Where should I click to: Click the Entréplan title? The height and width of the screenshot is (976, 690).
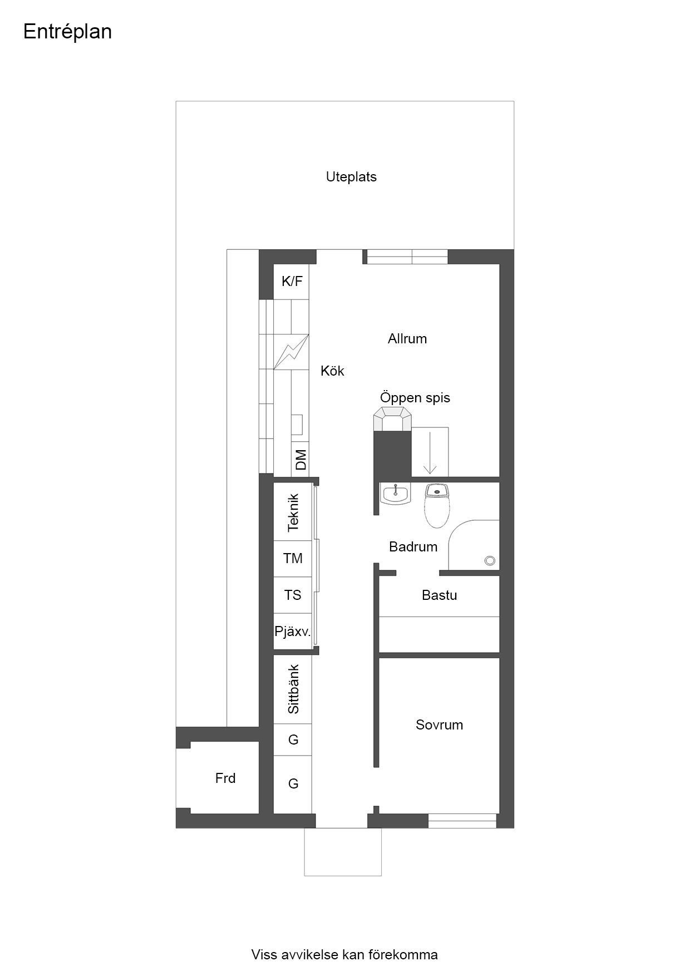click(x=67, y=32)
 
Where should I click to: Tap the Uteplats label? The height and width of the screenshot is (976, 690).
click(x=351, y=177)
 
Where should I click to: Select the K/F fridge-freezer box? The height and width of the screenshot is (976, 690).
click(x=292, y=282)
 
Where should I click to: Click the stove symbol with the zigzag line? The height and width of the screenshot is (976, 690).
click(x=292, y=351)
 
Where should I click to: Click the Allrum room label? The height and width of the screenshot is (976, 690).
click(x=407, y=339)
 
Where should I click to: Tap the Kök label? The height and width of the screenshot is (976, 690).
click(x=332, y=371)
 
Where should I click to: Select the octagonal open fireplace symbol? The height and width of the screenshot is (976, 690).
click(x=392, y=419)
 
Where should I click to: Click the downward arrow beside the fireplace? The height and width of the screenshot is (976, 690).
click(x=430, y=452)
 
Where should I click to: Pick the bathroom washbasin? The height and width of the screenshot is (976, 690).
click(x=396, y=493)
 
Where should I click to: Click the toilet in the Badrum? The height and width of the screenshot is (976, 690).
click(x=437, y=505)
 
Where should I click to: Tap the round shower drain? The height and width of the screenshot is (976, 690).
click(x=490, y=561)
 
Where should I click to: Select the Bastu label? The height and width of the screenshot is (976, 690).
click(x=440, y=595)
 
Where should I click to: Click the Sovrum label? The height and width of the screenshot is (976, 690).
click(x=439, y=725)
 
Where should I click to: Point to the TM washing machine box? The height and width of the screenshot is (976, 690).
click(x=293, y=559)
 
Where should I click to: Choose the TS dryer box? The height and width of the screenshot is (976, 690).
click(x=293, y=595)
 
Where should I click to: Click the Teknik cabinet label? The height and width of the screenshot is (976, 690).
click(x=293, y=512)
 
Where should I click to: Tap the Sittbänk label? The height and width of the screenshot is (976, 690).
click(x=293, y=689)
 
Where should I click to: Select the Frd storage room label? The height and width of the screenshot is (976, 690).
click(x=225, y=778)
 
